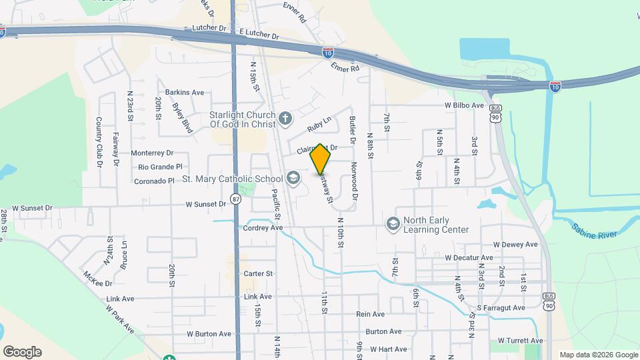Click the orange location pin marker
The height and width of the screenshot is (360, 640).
[x=321, y=159]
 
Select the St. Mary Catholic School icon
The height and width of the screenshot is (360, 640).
[x=292, y=178]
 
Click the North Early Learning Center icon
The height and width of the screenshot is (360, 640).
[x=393, y=223]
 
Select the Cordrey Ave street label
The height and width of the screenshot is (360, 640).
[x=263, y=227]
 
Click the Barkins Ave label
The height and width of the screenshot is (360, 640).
[x=185, y=93]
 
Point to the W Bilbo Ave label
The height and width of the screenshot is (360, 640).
[x=464, y=105]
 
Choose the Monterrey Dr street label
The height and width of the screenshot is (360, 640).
[x=152, y=153]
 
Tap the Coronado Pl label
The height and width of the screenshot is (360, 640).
[x=153, y=181]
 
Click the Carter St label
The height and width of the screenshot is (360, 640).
[x=258, y=273]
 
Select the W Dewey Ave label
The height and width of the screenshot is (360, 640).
[x=515, y=245]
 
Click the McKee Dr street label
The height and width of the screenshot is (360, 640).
[x=98, y=279]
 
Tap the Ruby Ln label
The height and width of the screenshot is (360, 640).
[x=319, y=124]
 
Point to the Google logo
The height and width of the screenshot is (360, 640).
[x=22, y=352]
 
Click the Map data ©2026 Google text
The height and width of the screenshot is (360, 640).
[x=599, y=355]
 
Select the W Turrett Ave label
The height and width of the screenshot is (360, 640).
[x=521, y=341]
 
